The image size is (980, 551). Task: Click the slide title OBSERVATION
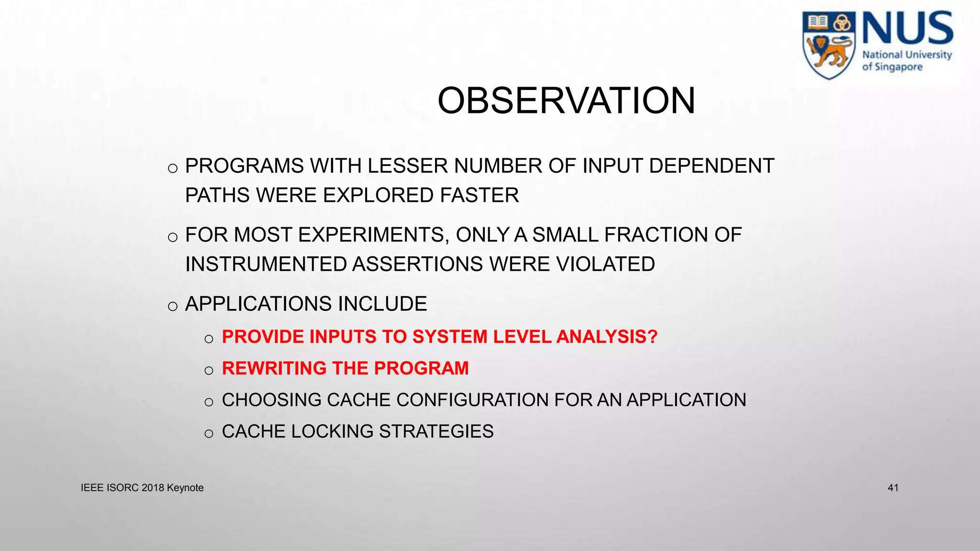[x=566, y=101]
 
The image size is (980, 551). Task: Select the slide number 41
[x=893, y=488]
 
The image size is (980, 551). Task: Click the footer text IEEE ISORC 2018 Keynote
[x=142, y=488]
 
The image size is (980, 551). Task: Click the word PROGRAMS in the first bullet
[x=245, y=166]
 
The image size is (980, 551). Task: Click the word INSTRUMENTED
[x=266, y=264]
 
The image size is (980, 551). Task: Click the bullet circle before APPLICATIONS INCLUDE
[x=173, y=306]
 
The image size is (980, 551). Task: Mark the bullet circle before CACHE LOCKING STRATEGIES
[x=209, y=434]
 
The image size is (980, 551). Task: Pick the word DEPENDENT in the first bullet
[x=712, y=166]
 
